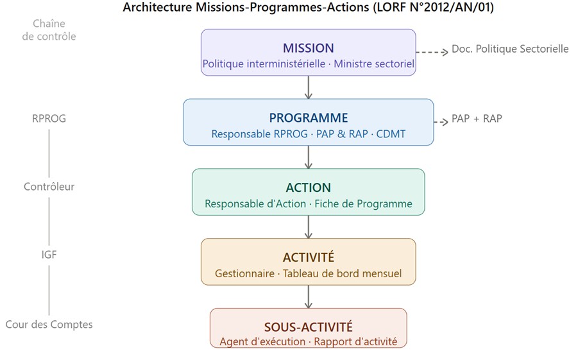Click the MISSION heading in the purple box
[x=308, y=48]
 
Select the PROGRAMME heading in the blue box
[x=308, y=118]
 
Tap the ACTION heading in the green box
[x=308, y=188]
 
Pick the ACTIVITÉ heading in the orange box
[x=308, y=257]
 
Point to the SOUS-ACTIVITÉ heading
[x=308, y=327]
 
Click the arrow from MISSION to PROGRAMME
[x=309, y=87]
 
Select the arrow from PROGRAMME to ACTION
[x=309, y=157]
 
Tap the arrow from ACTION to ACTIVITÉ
[x=309, y=227]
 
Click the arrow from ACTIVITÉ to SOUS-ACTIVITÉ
[x=309, y=296]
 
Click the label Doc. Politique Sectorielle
[x=510, y=49]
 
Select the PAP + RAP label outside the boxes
[x=477, y=119]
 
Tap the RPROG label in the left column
[x=49, y=119]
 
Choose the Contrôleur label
[x=49, y=187]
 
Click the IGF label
[x=49, y=255]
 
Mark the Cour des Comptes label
[x=49, y=325]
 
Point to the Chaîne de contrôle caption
[x=49, y=30]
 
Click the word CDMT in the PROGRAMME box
[x=391, y=134]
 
